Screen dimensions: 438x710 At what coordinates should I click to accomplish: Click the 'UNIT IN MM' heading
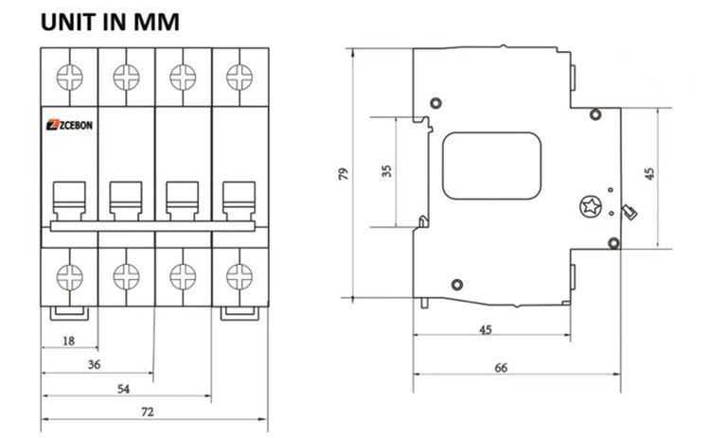click(x=110, y=21)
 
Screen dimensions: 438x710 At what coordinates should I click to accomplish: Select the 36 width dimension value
click(x=95, y=363)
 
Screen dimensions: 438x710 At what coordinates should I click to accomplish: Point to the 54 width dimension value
click(x=123, y=389)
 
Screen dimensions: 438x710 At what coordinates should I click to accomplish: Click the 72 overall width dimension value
click(x=149, y=413)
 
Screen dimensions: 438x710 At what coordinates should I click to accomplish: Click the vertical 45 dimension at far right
click(x=648, y=174)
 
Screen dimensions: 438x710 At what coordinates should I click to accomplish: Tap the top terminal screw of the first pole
click(x=69, y=76)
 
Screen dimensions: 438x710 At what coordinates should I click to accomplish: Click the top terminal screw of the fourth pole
click(x=240, y=76)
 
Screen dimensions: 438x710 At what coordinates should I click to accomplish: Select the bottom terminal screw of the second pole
click(x=126, y=275)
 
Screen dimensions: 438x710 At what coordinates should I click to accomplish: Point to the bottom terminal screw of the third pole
click(x=182, y=275)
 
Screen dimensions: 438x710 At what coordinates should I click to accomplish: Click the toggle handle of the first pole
click(x=69, y=201)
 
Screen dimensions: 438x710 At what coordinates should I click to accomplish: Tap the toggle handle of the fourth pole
click(x=239, y=201)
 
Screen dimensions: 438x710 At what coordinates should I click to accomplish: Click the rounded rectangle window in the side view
click(x=491, y=166)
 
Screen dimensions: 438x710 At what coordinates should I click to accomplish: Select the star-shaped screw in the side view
click(x=590, y=206)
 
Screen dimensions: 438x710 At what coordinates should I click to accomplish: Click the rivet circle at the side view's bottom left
click(x=456, y=283)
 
